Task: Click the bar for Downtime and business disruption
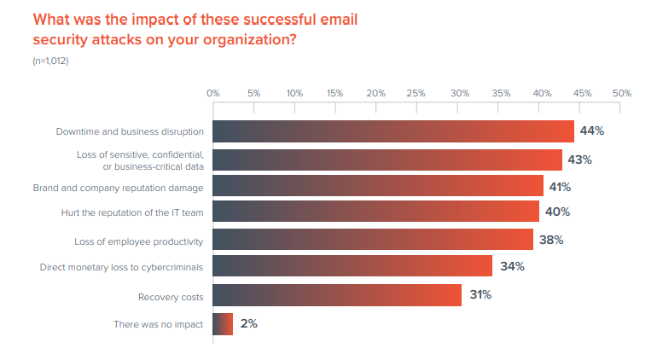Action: pos(392,131)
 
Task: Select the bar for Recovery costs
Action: pos(337,295)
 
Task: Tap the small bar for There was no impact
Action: pos(222,324)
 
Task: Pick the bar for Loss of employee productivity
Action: pos(372,240)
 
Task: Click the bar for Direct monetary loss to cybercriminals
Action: pos(352,266)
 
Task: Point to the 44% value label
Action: pos(592,131)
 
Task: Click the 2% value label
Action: pos(248,324)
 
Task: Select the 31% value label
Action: pos(480,295)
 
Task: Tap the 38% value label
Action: pos(551,240)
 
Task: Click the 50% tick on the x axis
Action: pos(621,92)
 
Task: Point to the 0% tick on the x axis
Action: pos(213,92)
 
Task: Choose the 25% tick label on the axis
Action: pos(416,92)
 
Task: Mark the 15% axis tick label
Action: pos(335,92)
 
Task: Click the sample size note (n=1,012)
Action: pos(50,61)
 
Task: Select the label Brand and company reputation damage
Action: pos(118,187)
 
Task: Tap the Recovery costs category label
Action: pos(171,297)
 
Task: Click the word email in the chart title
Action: pos(334,18)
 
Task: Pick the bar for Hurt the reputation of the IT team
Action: pos(375,212)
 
